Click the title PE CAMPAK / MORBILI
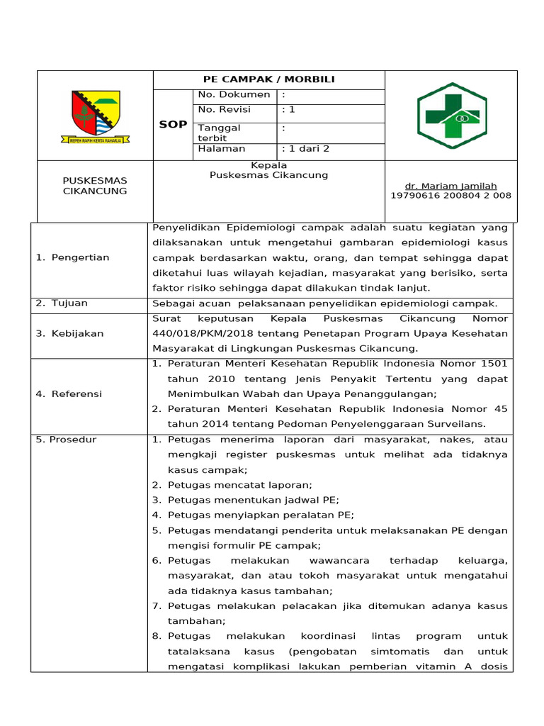tap(268, 79)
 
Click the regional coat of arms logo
tap(95, 116)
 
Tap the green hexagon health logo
tap(451, 116)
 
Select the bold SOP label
tap(173, 124)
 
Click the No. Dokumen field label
tap(234, 95)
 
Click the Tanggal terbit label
tap(220, 133)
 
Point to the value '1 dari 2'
tap(306, 149)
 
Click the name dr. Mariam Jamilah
tap(450, 186)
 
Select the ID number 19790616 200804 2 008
tap(450, 196)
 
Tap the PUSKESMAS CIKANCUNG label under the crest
tap(95, 186)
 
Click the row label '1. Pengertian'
tap(72, 257)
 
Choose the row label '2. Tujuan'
tap(62, 303)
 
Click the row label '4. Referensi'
tap(69, 393)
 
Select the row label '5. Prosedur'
tap(66, 440)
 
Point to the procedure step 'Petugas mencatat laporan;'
tap(240, 485)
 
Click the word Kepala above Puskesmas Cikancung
tap(268, 165)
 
